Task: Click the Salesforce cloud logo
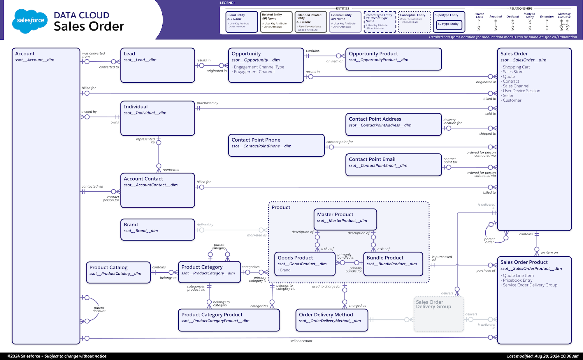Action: point(30,21)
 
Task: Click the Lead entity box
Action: point(157,65)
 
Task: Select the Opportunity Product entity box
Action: point(394,59)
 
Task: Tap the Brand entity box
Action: point(157,230)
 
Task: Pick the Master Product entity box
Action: point(345,219)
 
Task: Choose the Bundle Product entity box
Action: point(393,264)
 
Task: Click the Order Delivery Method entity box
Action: point(332,320)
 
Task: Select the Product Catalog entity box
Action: point(118,272)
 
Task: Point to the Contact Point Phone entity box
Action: point(276,145)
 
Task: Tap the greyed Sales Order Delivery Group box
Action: point(439,314)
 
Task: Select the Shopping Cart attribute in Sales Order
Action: point(516,67)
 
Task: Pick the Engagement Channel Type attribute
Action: point(259,67)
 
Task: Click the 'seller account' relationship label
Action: point(301,341)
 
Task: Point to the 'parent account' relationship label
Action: point(99,309)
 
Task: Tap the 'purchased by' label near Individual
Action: point(207,103)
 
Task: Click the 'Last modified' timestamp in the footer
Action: point(542,356)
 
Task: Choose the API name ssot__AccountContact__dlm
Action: point(150,185)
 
